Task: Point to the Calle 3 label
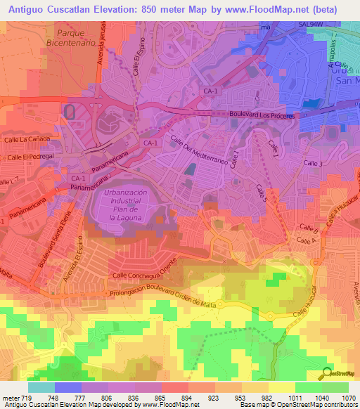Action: (313, 163)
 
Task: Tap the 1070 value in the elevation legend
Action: (348, 398)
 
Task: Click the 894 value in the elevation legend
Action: (188, 398)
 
